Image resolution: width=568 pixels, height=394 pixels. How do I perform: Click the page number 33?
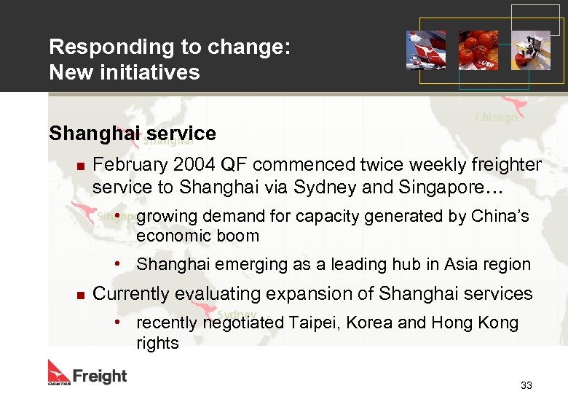526,385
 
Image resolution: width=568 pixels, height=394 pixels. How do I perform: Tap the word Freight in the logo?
100,376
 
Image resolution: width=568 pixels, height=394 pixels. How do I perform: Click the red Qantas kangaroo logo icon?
59,371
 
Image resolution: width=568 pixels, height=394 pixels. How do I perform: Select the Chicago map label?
496,117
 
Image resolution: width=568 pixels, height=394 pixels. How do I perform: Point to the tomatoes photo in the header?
478,50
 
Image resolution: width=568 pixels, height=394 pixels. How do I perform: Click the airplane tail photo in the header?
426,50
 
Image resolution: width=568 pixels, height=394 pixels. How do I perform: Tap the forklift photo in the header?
531,50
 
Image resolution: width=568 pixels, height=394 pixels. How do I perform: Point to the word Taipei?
315,323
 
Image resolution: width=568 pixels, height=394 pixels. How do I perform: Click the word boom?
241,236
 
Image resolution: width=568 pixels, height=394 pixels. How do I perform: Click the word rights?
157,343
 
